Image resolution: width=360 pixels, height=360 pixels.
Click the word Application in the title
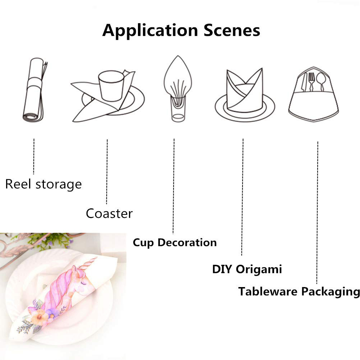pyautogui.click(x=151, y=31)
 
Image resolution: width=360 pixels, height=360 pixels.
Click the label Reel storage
pyautogui.click(x=43, y=185)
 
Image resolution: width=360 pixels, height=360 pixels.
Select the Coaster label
pyautogui.click(x=109, y=213)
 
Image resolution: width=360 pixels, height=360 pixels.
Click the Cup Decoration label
pyautogui.click(x=175, y=243)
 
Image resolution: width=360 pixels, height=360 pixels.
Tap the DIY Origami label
pyautogui.click(x=247, y=269)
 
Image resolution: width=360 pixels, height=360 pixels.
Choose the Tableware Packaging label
pyautogui.click(x=299, y=291)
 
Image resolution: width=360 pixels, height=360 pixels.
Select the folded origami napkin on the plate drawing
pyautogui.click(x=244, y=90)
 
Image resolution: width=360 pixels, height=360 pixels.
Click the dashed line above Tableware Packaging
pyautogui.click(x=317, y=212)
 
